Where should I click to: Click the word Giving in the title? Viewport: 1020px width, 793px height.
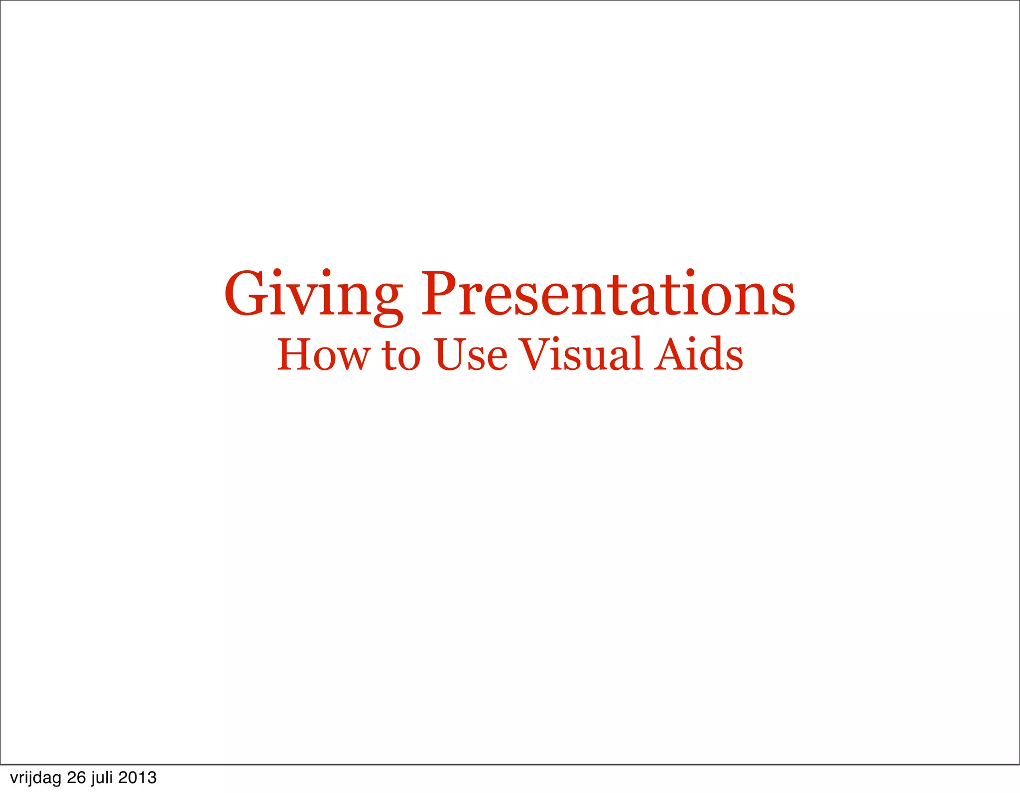[x=313, y=295]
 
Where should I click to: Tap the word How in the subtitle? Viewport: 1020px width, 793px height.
[x=324, y=354]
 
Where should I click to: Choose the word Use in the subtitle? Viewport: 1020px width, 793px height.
[x=471, y=354]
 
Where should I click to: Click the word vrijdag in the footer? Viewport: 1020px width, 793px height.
[x=35, y=778]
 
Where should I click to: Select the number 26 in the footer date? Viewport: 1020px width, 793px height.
[x=77, y=778]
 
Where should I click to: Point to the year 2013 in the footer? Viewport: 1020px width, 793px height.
[x=137, y=778]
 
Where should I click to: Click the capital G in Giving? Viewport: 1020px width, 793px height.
[x=245, y=294]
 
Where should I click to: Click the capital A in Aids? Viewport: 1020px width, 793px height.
[x=670, y=354]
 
